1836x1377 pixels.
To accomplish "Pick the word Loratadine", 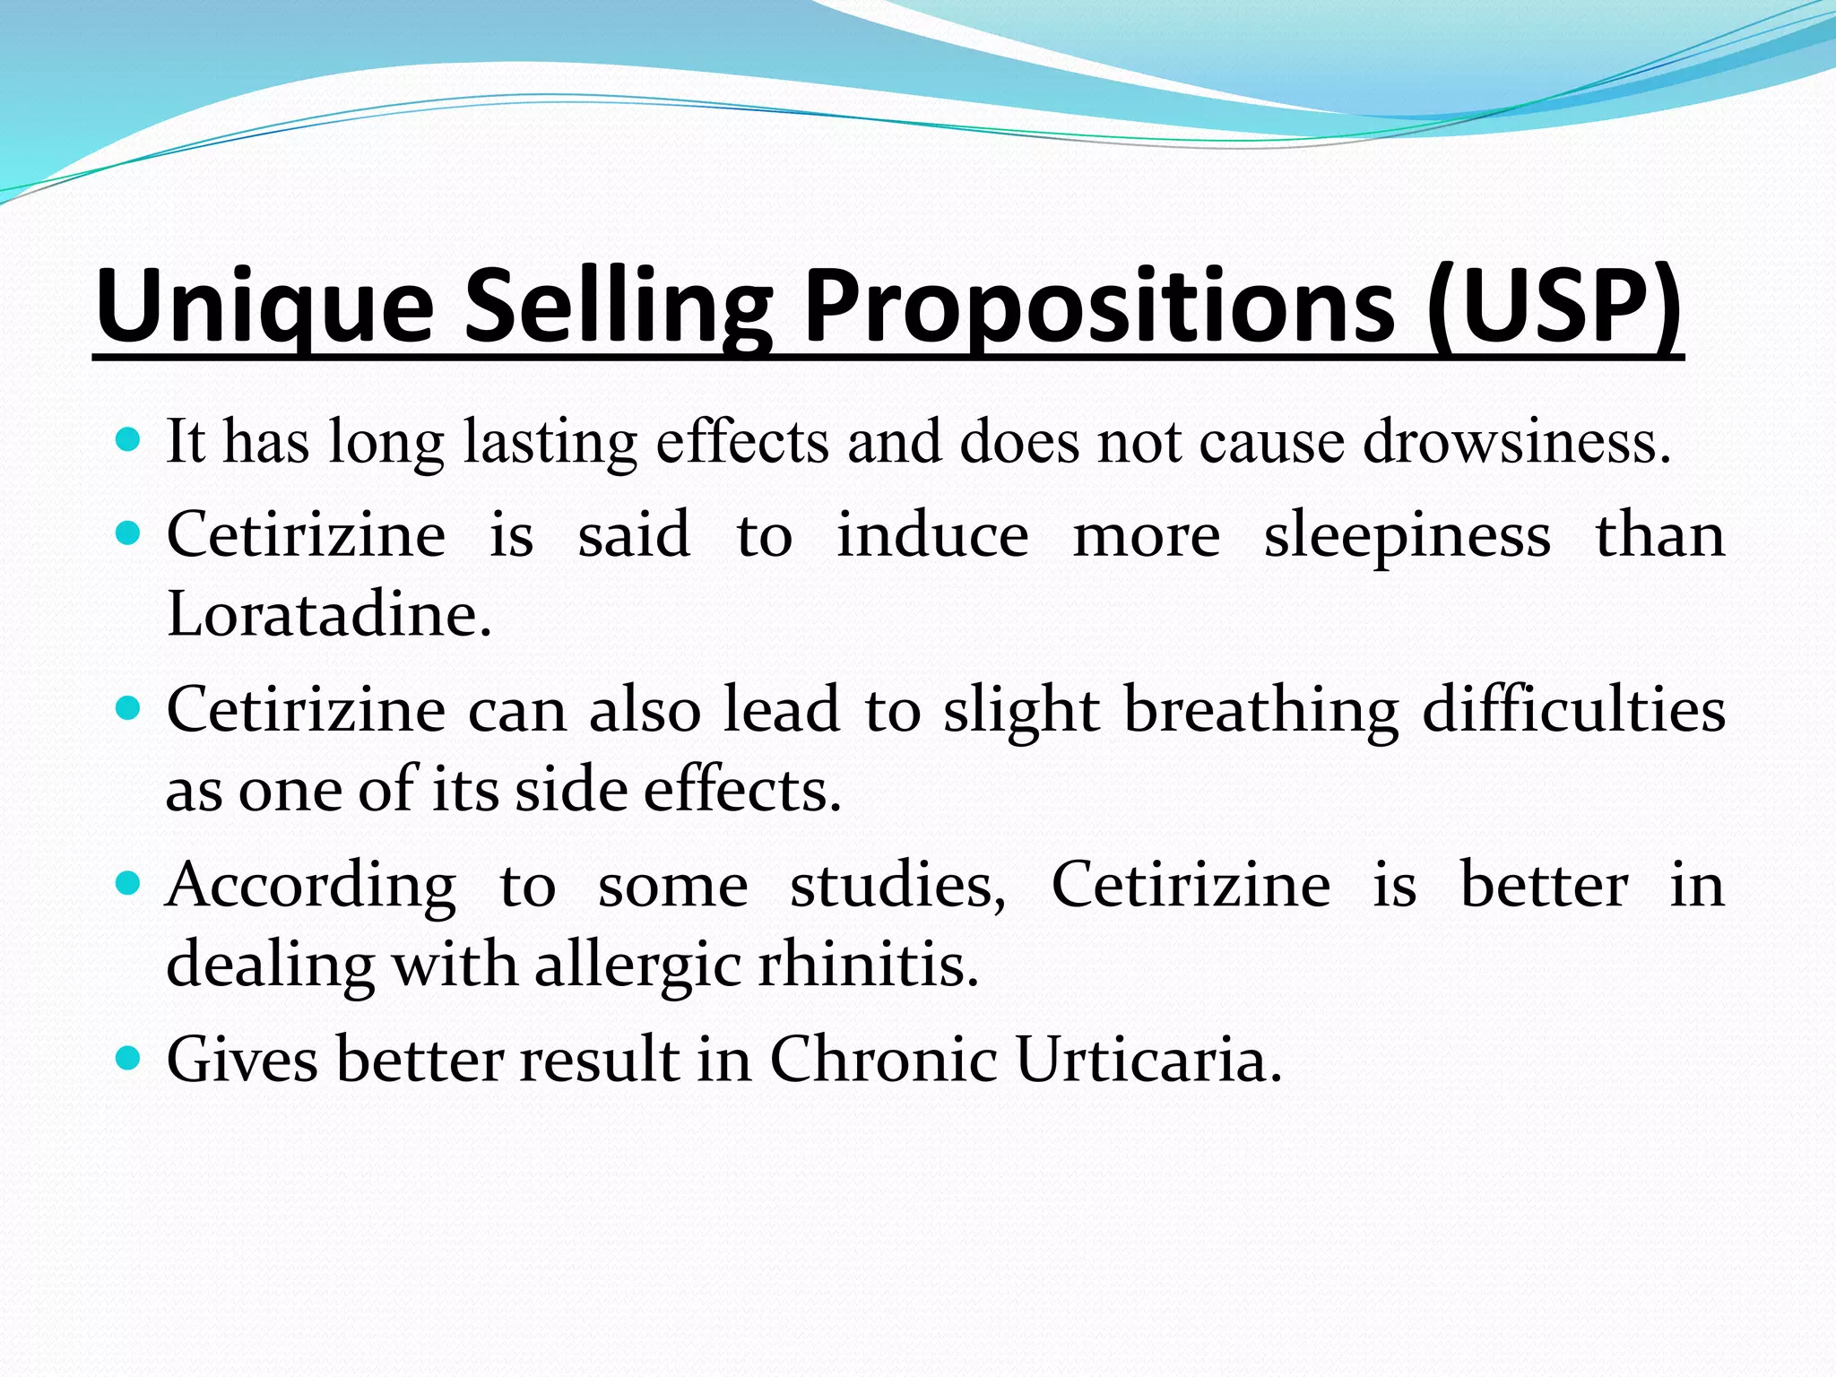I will [x=329, y=615].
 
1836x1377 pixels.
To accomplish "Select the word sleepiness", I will [x=1407, y=536].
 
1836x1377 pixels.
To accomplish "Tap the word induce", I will [x=932, y=536].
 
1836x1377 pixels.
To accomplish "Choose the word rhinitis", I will [x=868, y=966].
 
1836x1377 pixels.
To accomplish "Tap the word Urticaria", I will [x=1148, y=1060].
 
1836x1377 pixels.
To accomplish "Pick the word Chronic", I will [x=883, y=1060].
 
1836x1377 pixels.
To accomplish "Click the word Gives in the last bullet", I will [x=242, y=1060].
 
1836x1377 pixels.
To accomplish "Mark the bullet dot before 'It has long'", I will [x=129, y=440].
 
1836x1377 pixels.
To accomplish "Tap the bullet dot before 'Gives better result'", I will [x=129, y=1059].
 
